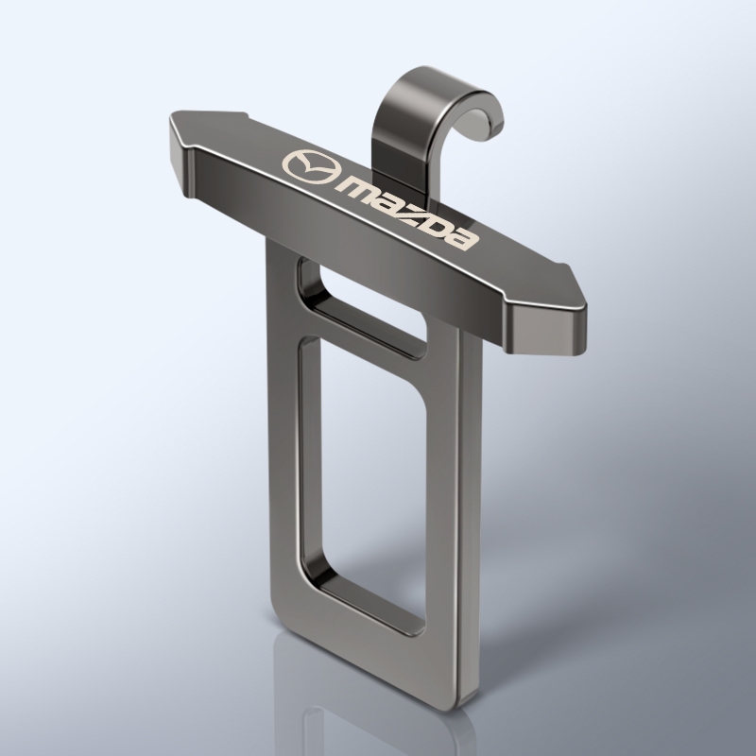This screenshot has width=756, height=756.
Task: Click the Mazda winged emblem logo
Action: (x=311, y=167)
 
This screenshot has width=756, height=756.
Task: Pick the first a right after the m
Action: (x=387, y=200)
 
